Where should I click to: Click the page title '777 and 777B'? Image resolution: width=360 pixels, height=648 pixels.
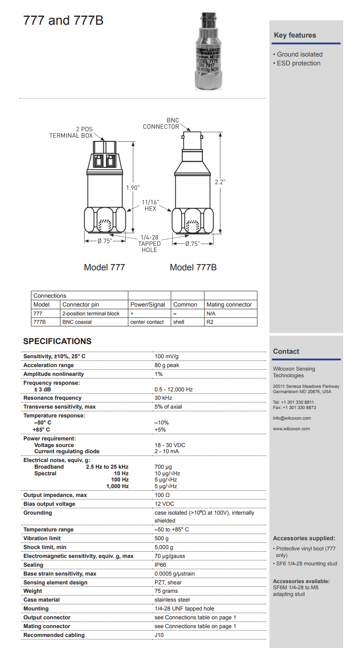pos(63,21)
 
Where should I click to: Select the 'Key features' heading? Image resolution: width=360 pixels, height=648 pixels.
pos(295,35)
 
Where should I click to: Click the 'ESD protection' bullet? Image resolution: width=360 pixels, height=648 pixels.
pos(297,63)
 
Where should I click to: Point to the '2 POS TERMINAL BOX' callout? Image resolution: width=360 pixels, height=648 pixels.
pos(71,133)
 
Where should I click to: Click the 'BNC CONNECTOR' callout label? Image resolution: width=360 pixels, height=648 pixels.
pos(161,124)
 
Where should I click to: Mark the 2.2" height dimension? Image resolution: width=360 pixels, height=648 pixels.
pos(220,182)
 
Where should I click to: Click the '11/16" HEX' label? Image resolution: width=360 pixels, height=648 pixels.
pos(151,205)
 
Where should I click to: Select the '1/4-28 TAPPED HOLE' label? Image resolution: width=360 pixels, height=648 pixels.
pos(149,244)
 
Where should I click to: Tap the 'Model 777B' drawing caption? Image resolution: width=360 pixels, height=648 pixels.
pos(193,267)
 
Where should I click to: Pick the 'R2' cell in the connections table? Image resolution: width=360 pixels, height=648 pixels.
pos(210,322)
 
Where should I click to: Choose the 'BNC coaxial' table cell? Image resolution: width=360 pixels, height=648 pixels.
pos(77,322)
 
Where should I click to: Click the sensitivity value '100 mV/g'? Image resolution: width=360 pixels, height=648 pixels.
pos(167,356)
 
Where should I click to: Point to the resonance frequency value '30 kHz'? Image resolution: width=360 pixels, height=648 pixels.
pos(163,398)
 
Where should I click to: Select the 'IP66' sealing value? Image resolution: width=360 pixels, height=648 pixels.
pos(161,565)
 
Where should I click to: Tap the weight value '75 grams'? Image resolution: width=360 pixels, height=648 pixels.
pos(166,591)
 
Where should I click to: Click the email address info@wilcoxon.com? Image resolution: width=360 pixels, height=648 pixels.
pos(292,418)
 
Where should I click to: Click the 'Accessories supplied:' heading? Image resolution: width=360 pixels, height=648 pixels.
pos(304,538)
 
